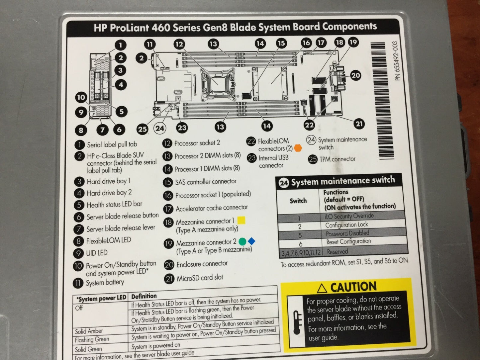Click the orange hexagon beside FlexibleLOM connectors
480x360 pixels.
click(298, 148)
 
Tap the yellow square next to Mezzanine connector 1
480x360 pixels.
click(241, 220)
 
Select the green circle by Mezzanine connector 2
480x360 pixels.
click(242, 241)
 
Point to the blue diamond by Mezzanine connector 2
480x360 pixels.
click(252, 241)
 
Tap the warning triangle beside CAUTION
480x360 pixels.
click(322, 288)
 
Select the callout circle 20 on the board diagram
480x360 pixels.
click(356, 75)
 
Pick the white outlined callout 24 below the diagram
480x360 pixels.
click(160, 128)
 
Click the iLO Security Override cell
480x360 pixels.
click(349, 216)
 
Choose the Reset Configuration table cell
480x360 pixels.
click(348, 242)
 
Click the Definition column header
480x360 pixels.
click(144, 296)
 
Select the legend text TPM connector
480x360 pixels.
click(337, 159)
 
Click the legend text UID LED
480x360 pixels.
click(97, 253)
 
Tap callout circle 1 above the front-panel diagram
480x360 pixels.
click(121, 45)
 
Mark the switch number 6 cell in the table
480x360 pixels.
click(301, 244)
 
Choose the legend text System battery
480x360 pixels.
click(105, 282)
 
